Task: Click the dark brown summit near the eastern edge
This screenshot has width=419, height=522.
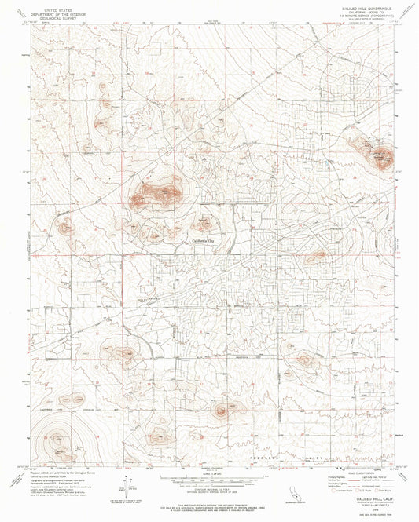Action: coord(383,156)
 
